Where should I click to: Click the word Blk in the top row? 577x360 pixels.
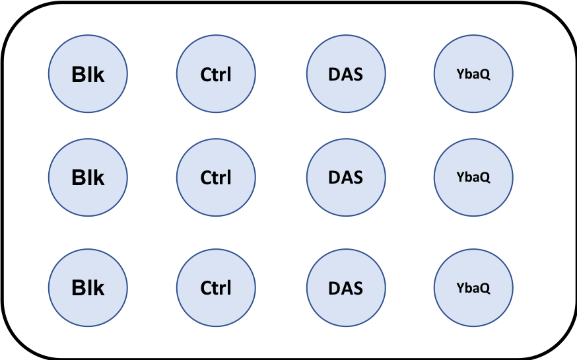pos(88,75)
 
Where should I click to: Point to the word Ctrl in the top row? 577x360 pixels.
pos(216,75)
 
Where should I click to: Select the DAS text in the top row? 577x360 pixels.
pos(345,75)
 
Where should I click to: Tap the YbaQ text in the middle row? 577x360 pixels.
pos(473,178)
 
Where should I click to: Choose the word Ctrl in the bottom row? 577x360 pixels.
pos(216,289)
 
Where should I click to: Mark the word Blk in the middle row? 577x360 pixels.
pos(88,178)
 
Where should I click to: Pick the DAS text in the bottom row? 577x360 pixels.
pos(345,289)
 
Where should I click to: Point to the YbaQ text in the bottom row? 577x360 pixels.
pos(473,289)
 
